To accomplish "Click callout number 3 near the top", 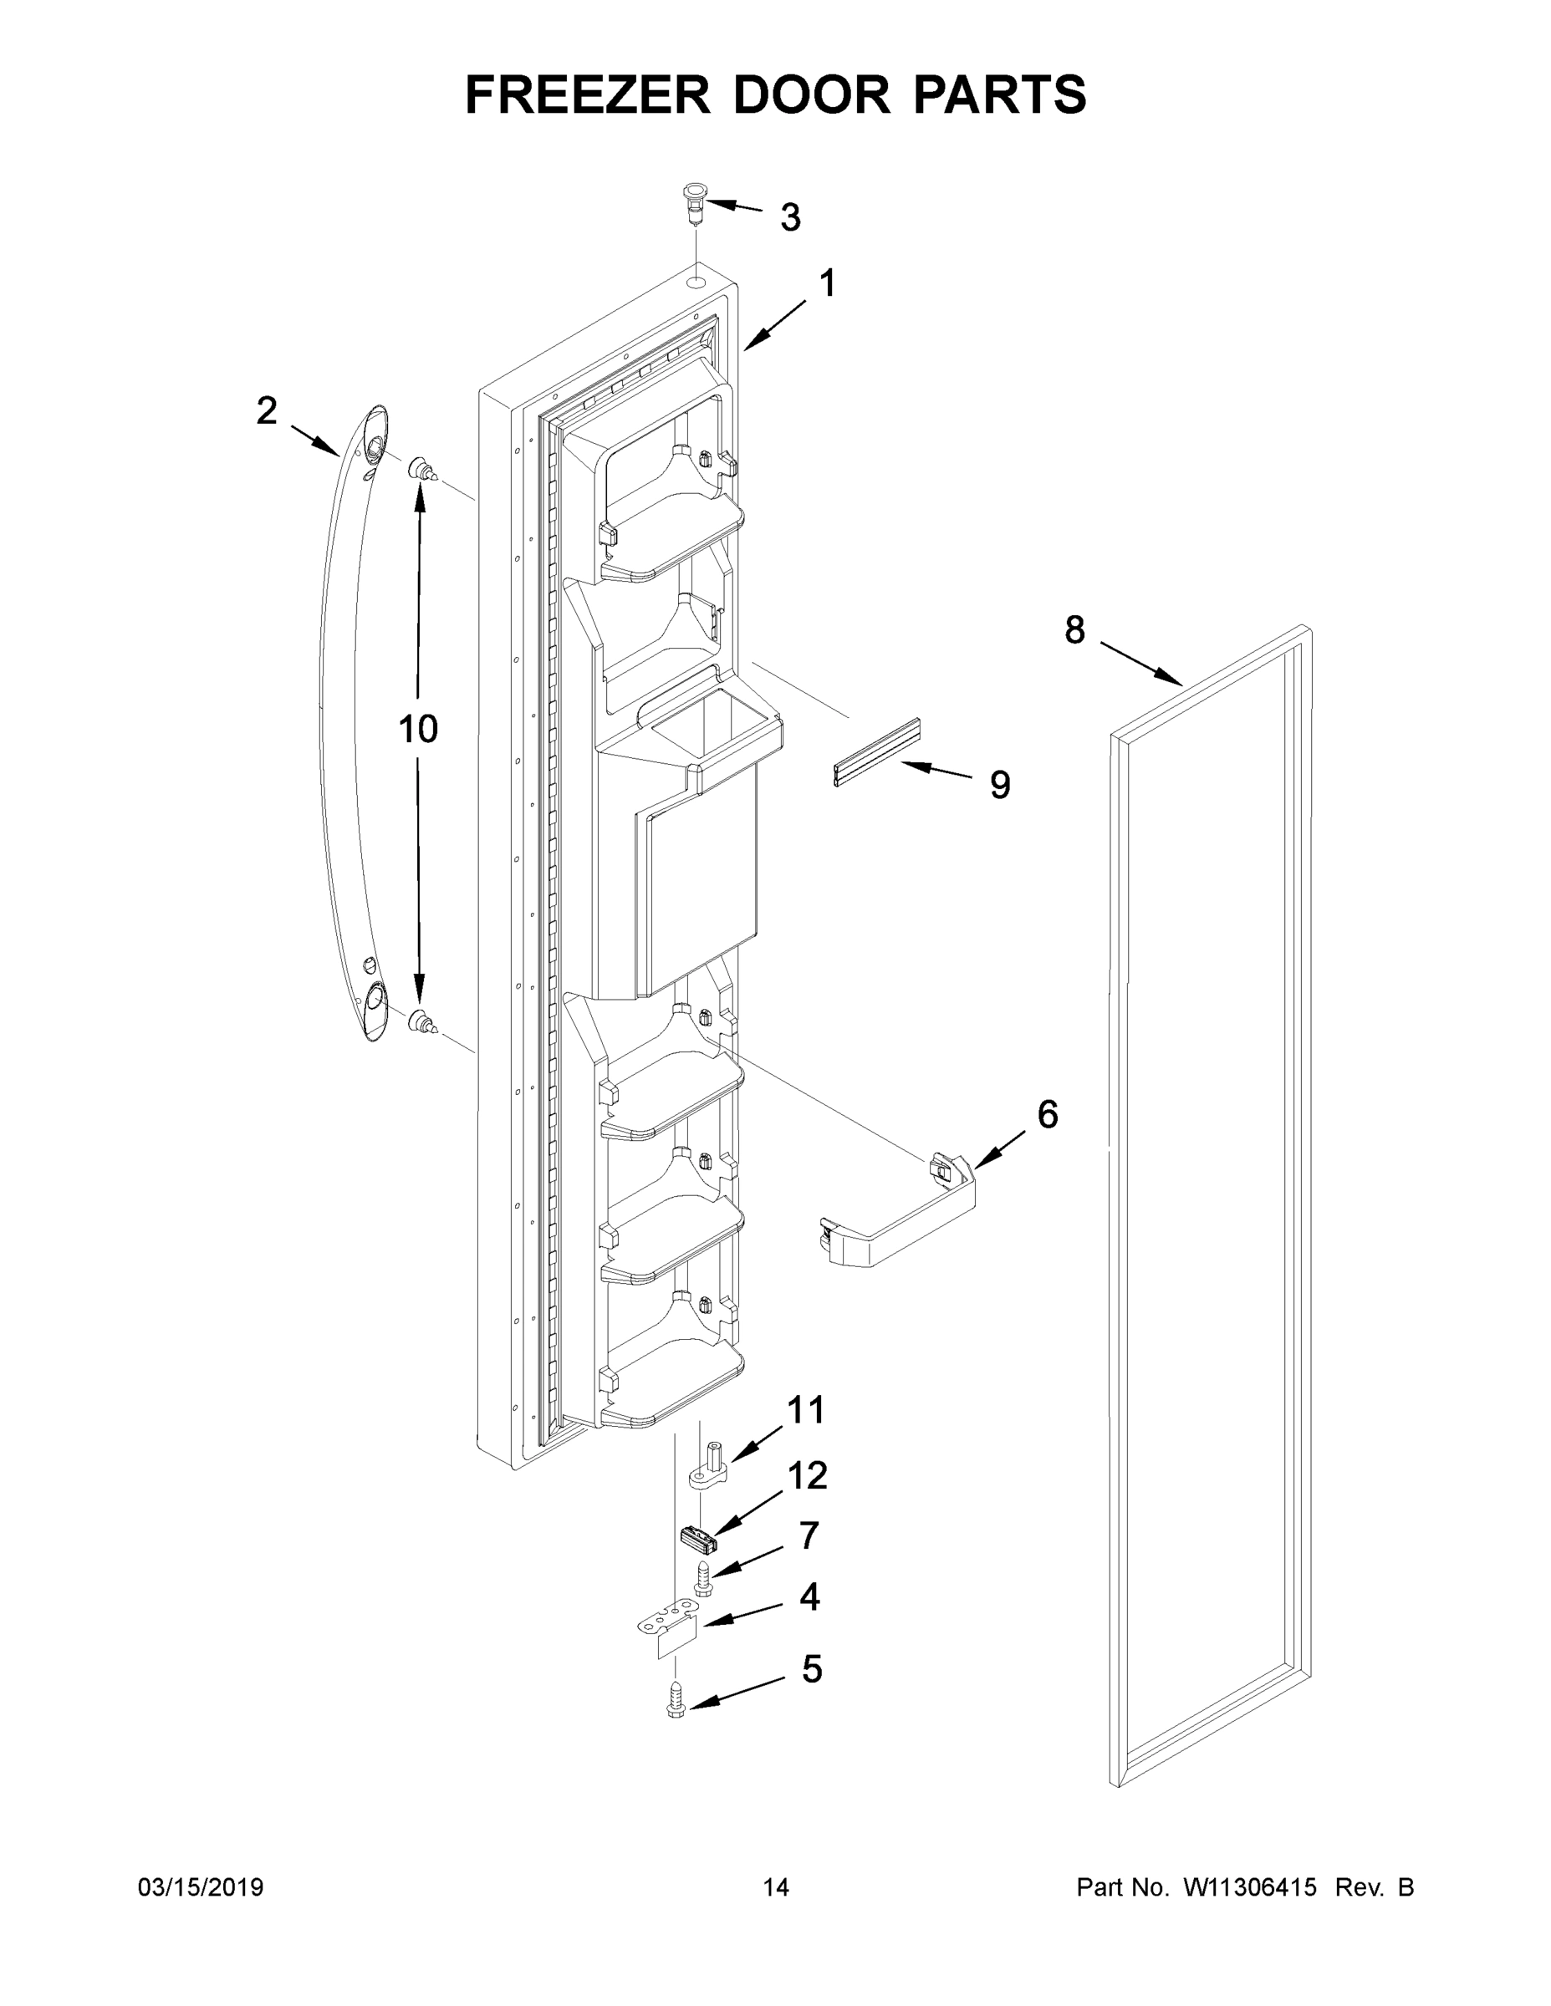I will click(x=790, y=217).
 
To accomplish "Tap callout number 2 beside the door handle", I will click(x=267, y=410).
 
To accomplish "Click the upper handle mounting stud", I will click(x=421, y=470).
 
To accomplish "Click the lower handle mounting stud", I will click(x=421, y=1022).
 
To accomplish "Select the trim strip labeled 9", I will click(x=875, y=753).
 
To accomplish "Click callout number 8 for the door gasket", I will click(x=1074, y=630).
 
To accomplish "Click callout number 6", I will click(x=1048, y=1114).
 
